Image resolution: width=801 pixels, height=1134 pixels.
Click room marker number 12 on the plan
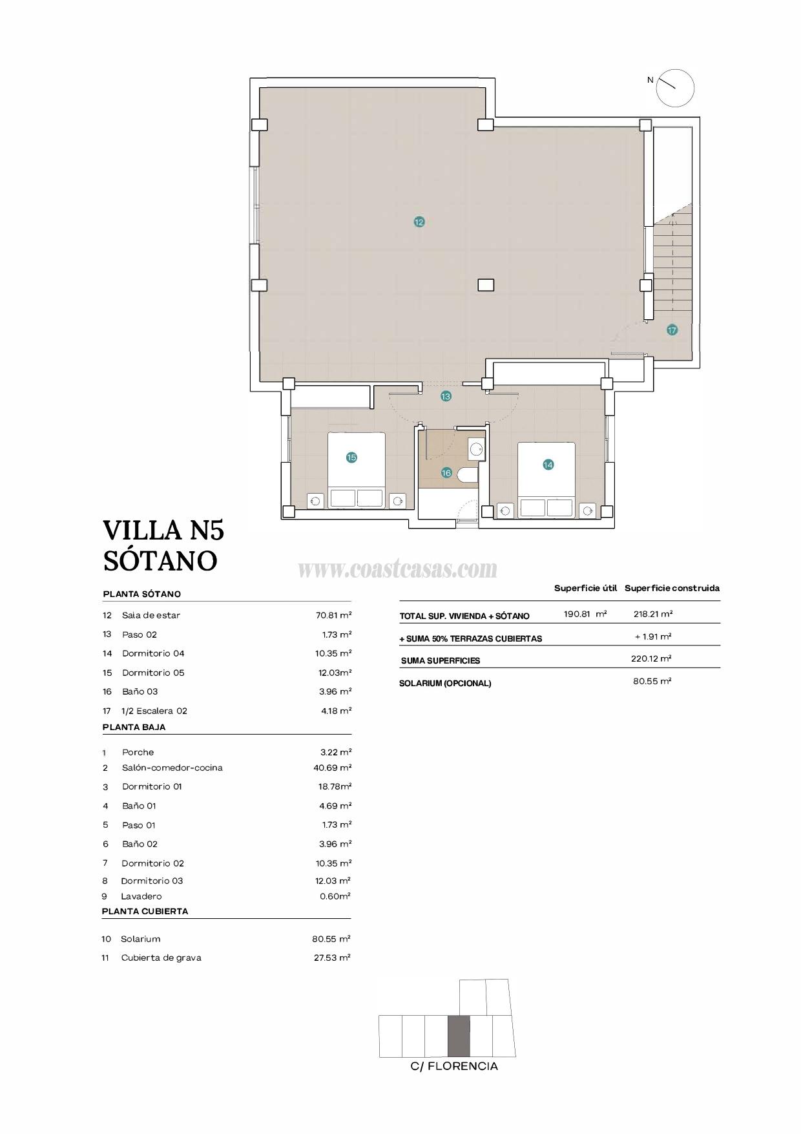(419, 222)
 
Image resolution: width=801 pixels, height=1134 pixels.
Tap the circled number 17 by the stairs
(672, 330)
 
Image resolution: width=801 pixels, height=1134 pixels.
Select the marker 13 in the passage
(446, 396)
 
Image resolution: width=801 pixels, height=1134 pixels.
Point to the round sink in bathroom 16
(477, 448)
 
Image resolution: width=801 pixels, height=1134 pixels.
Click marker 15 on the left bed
(351, 457)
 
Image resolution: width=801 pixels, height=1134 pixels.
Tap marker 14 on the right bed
(548, 464)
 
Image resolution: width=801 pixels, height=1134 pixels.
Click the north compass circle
(675, 88)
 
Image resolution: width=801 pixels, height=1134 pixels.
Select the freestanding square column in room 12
(486, 284)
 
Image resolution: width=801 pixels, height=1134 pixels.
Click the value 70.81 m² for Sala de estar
(333, 615)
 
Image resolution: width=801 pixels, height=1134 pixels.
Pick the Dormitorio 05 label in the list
(153, 673)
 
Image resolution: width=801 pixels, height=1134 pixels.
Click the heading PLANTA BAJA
(134, 727)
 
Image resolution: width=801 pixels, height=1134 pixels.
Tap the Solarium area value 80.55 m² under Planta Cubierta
(331, 939)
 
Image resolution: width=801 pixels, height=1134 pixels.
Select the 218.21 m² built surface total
(652, 614)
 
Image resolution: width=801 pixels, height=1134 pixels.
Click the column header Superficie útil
(585, 588)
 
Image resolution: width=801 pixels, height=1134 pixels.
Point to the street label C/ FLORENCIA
(454, 1066)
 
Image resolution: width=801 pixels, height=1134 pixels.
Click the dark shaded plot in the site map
(459, 1036)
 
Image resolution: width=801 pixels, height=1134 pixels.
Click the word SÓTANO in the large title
(160, 560)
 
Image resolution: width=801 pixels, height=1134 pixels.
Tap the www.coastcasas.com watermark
(397, 569)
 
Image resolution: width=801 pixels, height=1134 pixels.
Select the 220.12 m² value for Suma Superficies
(651, 658)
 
